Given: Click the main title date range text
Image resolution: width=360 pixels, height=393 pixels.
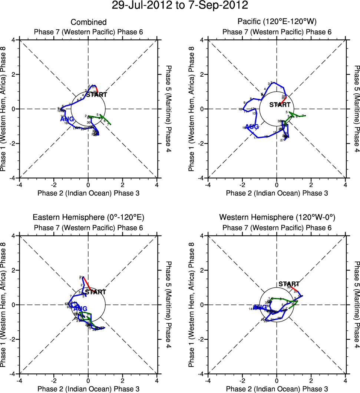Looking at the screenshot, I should [x=180, y=6].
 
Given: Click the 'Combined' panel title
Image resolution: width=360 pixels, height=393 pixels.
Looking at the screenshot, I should [x=89, y=22].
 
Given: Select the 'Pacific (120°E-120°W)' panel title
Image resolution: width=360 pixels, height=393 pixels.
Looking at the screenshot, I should [x=277, y=22].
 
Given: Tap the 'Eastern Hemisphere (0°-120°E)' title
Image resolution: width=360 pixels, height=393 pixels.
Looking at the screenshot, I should [x=88, y=217].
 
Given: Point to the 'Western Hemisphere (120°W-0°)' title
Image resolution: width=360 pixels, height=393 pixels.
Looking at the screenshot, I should [x=277, y=217].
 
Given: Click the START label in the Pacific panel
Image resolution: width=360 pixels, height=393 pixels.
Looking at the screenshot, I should [x=280, y=105].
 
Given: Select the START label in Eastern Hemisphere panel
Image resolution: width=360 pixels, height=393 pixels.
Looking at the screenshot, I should [x=96, y=292].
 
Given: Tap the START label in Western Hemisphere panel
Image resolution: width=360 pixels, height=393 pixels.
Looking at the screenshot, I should [x=289, y=284].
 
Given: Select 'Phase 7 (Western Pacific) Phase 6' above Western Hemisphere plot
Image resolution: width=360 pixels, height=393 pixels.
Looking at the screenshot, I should [x=277, y=227].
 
